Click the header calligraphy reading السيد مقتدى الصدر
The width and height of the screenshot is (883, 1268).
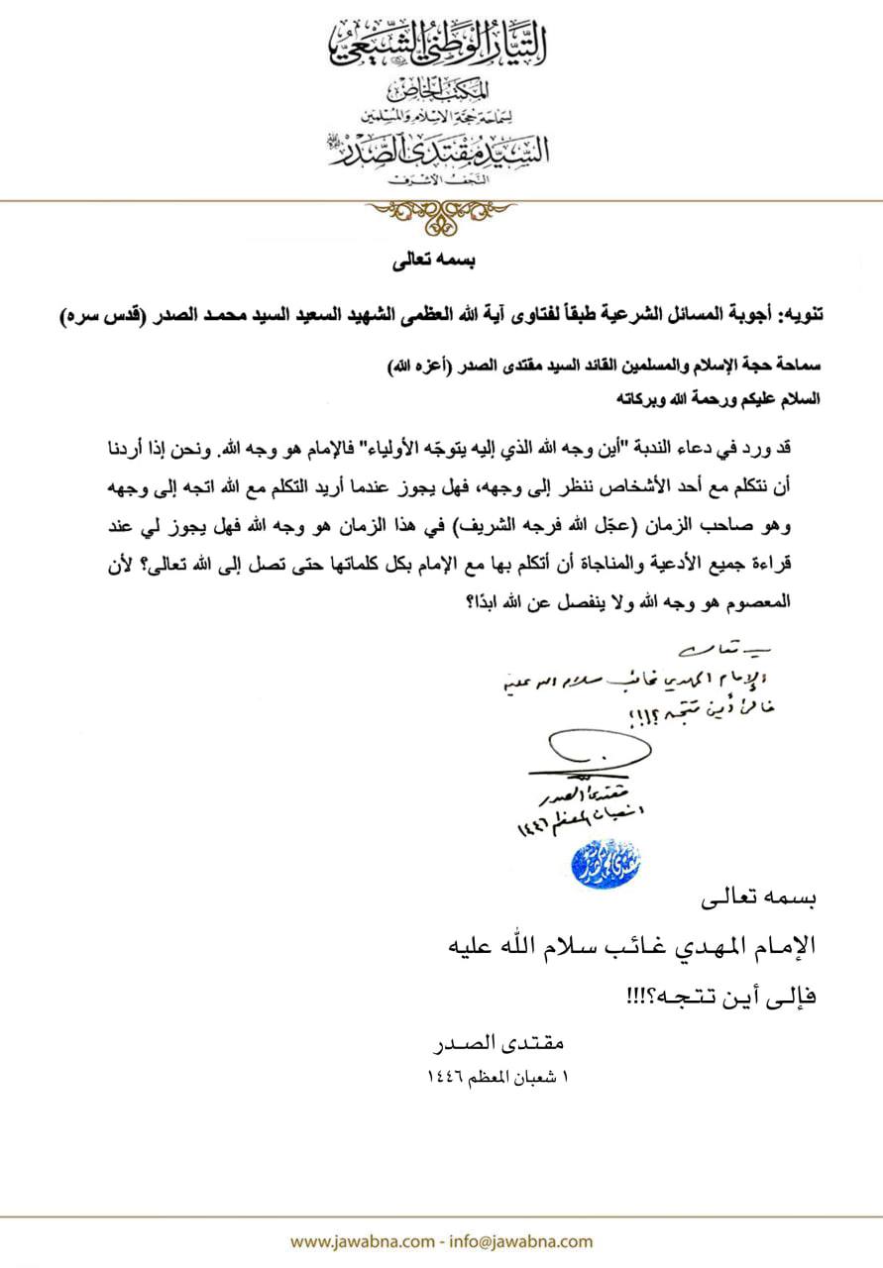[441, 149]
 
